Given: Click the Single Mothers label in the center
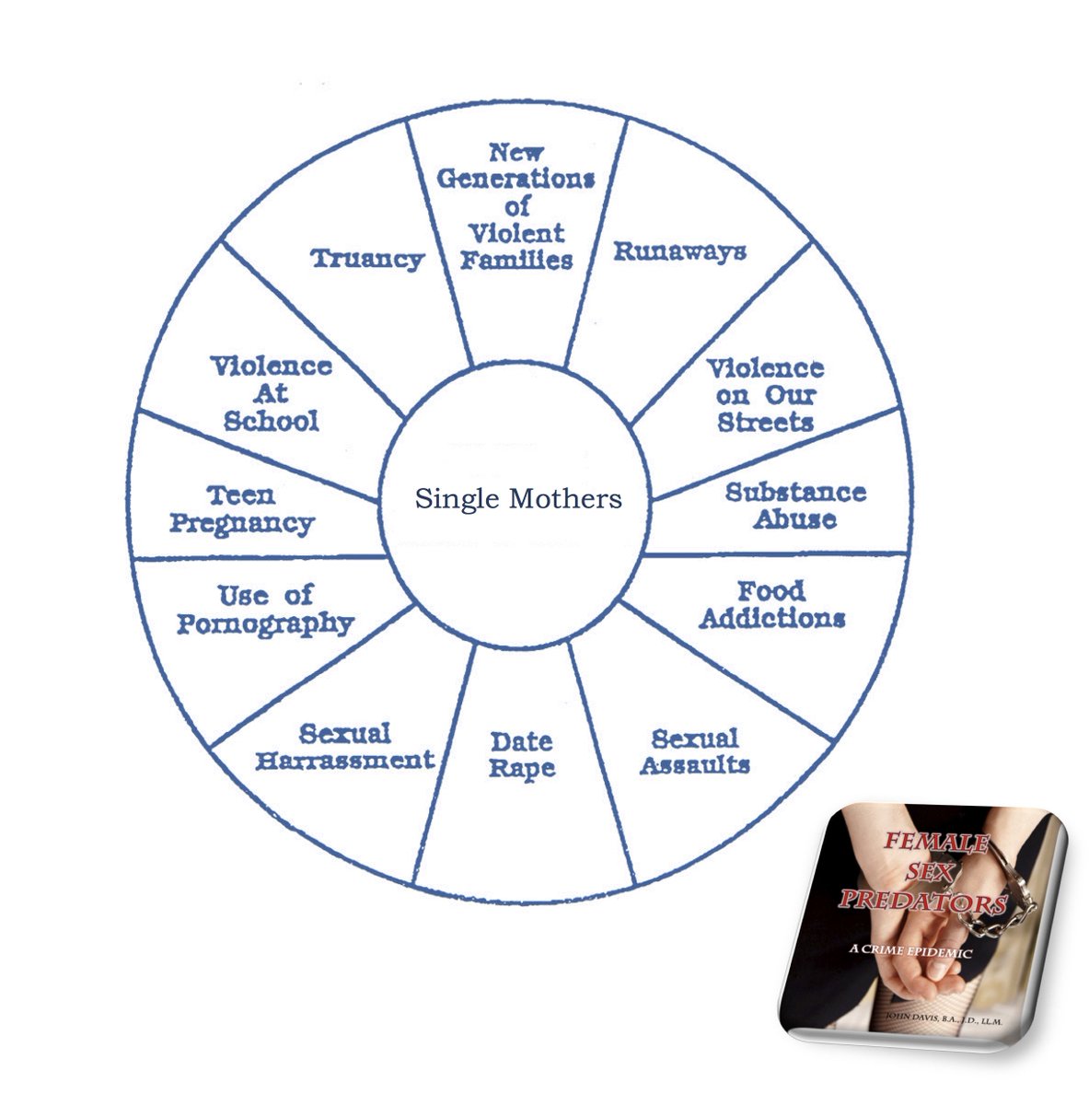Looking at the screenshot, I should [x=518, y=499].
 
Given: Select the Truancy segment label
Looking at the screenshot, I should [x=367, y=259].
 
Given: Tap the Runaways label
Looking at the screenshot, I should [x=679, y=251].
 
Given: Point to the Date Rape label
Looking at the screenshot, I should [x=522, y=754].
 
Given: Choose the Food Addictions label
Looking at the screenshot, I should [x=771, y=604].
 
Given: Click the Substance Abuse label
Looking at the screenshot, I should [x=795, y=505].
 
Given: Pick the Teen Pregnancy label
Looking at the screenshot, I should [x=242, y=509].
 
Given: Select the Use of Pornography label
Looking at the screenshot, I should [x=265, y=609].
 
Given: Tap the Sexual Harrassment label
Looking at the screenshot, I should [x=344, y=747].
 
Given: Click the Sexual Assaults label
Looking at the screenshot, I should [x=695, y=751].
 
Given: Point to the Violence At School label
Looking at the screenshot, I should [x=272, y=393].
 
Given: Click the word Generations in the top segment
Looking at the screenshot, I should [x=516, y=179].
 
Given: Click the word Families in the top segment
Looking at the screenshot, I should [x=516, y=260].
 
